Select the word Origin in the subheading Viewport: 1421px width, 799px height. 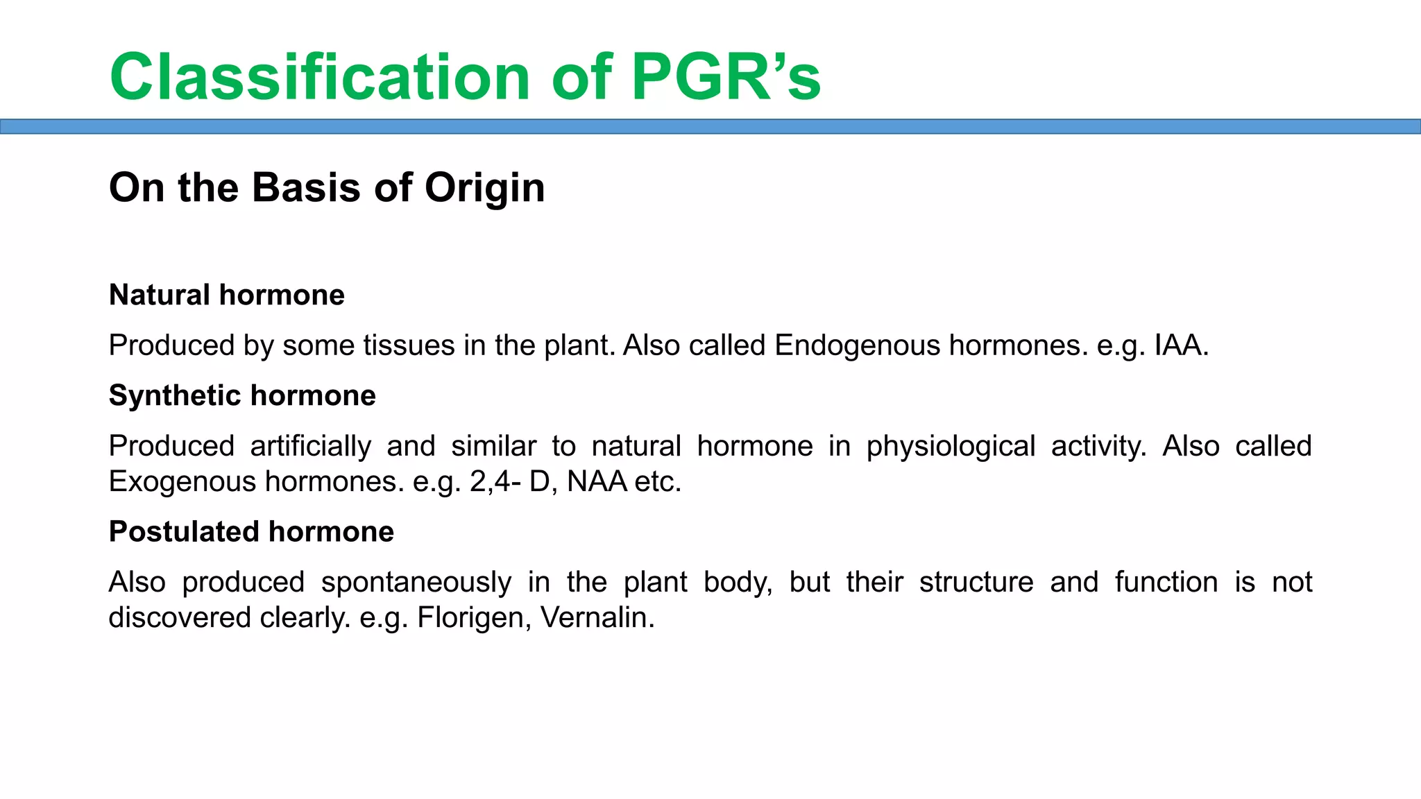(484, 187)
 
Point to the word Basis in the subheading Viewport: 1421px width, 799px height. (306, 187)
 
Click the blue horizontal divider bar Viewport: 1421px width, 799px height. (710, 126)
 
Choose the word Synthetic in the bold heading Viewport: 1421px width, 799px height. (174, 396)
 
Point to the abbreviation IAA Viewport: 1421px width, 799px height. (1180, 345)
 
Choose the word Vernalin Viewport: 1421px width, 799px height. (597, 617)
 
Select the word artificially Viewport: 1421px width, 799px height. (310, 446)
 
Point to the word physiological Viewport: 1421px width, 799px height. (951, 446)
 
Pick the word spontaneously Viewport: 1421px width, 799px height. (416, 582)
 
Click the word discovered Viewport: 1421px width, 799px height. (180, 617)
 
